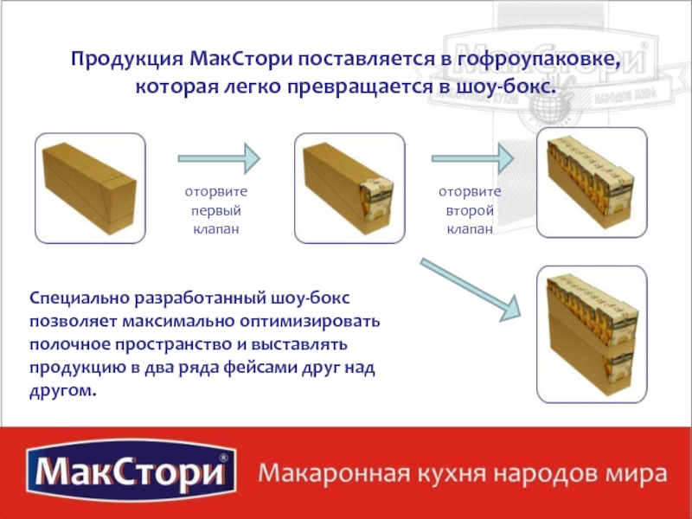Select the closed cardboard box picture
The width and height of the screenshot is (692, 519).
[x=90, y=188]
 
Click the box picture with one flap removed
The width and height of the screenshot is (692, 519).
[x=349, y=188]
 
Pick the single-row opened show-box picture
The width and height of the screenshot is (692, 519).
[x=592, y=183]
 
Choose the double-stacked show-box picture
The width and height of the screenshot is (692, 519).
[x=592, y=334]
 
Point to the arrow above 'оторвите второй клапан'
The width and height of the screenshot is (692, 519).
[x=472, y=158]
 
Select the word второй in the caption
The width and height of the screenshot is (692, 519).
[x=470, y=211]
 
